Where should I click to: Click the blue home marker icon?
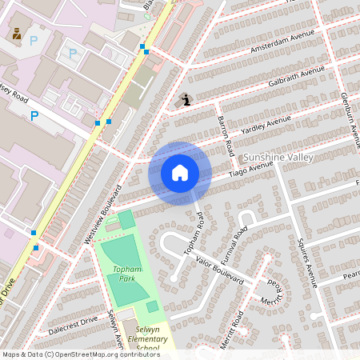[x=180, y=172]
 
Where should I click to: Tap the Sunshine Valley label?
[x=278, y=158]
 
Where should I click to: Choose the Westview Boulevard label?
[x=102, y=214]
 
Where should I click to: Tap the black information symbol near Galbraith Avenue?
[x=186, y=99]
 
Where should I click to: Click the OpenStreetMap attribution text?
[x=82, y=354]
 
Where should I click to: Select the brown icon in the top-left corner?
[x=16, y=34]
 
